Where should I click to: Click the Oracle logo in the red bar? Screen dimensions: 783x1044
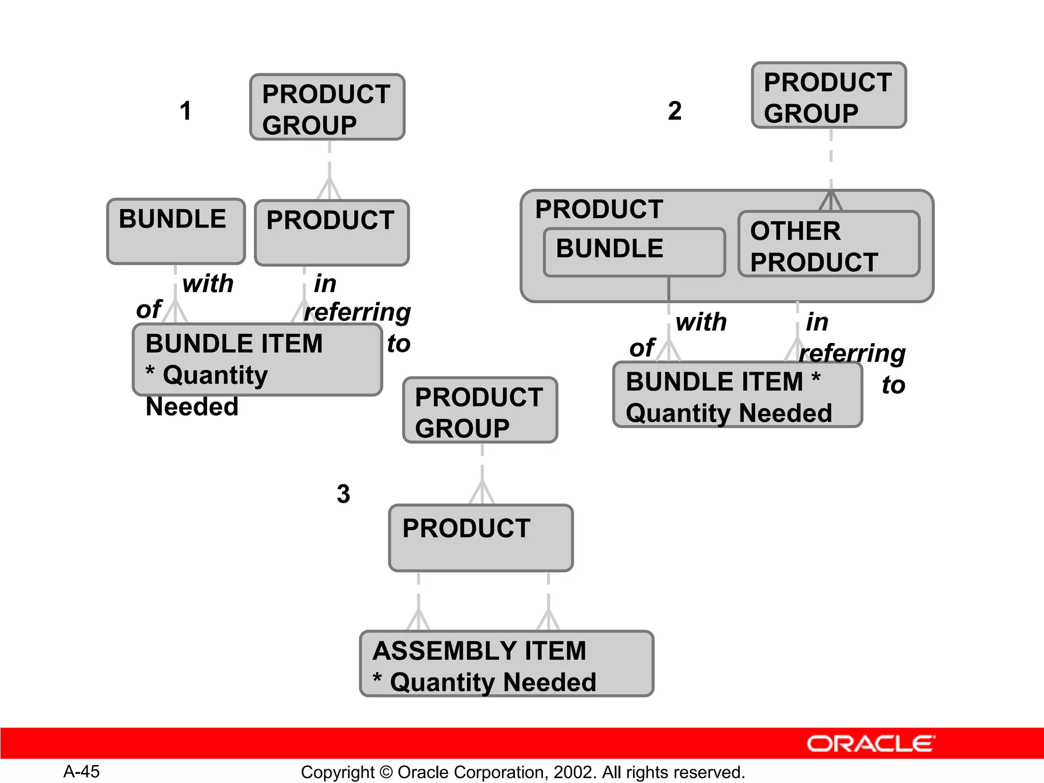click(x=871, y=744)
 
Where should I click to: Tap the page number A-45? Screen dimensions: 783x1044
click(x=82, y=771)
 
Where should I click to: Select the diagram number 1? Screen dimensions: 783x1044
click(x=186, y=111)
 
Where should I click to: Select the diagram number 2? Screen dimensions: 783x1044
click(x=674, y=111)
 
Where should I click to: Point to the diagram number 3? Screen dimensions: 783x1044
click(x=344, y=493)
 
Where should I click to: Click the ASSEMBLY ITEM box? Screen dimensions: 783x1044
click(x=506, y=664)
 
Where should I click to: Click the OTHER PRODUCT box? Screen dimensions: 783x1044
click(x=828, y=245)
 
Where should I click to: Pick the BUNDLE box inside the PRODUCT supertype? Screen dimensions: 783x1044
click(x=634, y=252)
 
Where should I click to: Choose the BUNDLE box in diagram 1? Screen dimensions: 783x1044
click(x=176, y=231)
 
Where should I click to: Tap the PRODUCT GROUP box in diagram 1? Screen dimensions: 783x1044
click(x=327, y=108)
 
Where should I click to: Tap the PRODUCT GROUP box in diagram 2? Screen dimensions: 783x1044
click(x=829, y=96)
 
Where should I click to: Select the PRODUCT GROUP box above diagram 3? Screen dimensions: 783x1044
click(x=480, y=410)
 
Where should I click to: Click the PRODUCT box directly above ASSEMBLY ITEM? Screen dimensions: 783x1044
click(x=481, y=538)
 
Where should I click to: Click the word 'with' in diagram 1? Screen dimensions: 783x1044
click(x=208, y=283)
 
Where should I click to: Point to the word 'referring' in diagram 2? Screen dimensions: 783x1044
click(x=852, y=353)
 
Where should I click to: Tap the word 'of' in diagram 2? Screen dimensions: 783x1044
click(x=642, y=348)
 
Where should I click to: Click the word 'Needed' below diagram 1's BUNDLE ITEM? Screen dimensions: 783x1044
click(x=192, y=407)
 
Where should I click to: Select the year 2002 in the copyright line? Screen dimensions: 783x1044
click(x=573, y=772)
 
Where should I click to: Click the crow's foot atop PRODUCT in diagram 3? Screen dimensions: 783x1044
click(x=482, y=493)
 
